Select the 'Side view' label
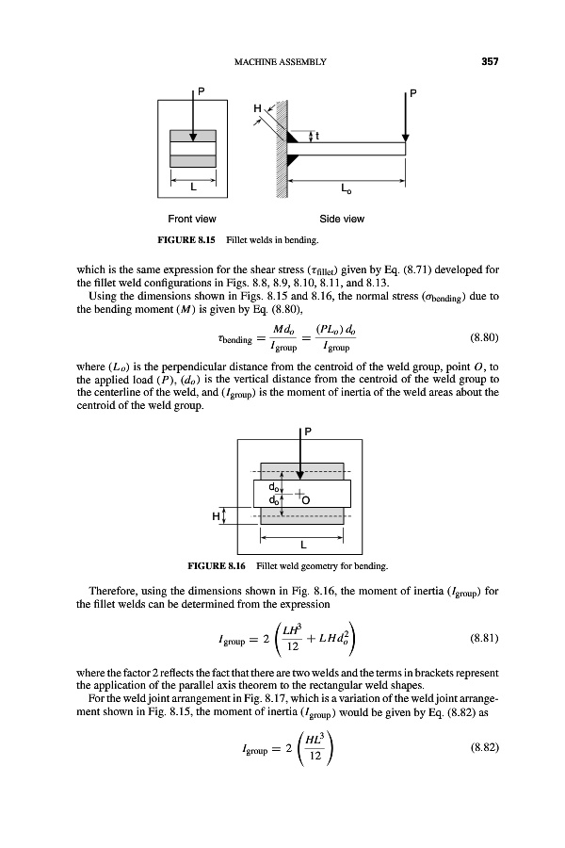(x=343, y=219)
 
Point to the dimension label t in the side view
(x=318, y=136)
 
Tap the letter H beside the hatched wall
(x=255, y=107)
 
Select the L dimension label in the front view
(x=193, y=188)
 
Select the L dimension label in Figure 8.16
(x=301, y=546)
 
